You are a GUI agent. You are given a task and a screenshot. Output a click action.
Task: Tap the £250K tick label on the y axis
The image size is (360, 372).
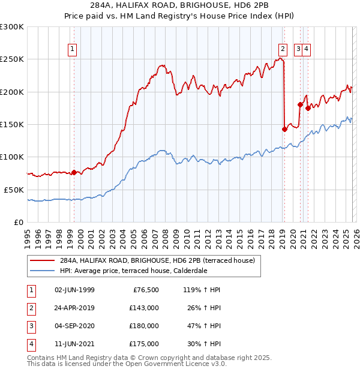[x=12, y=59]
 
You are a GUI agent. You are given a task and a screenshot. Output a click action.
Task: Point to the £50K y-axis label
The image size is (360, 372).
[x=14, y=190]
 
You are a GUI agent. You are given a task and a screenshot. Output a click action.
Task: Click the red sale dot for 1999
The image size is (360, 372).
[x=74, y=172]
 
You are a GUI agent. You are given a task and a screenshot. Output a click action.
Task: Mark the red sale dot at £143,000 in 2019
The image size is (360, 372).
[x=284, y=128]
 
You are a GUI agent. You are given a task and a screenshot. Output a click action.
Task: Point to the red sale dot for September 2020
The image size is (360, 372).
[x=299, y=104]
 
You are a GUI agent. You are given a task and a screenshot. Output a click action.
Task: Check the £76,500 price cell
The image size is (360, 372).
[x=145, y=289]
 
